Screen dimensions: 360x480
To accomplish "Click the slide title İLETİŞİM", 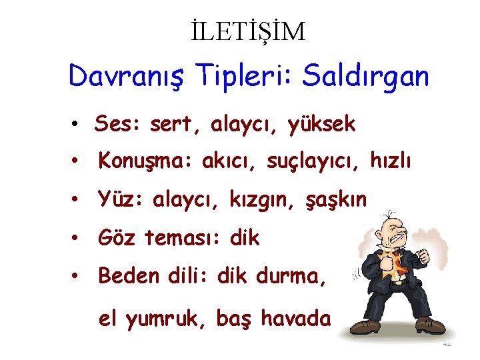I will tap(247, 31).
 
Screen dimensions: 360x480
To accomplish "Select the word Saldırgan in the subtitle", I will tap(365, 77).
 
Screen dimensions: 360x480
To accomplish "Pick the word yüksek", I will tap(322, 124).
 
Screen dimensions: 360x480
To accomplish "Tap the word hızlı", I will tap(392, 162).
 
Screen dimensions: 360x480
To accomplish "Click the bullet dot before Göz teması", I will tap(78, 238).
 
